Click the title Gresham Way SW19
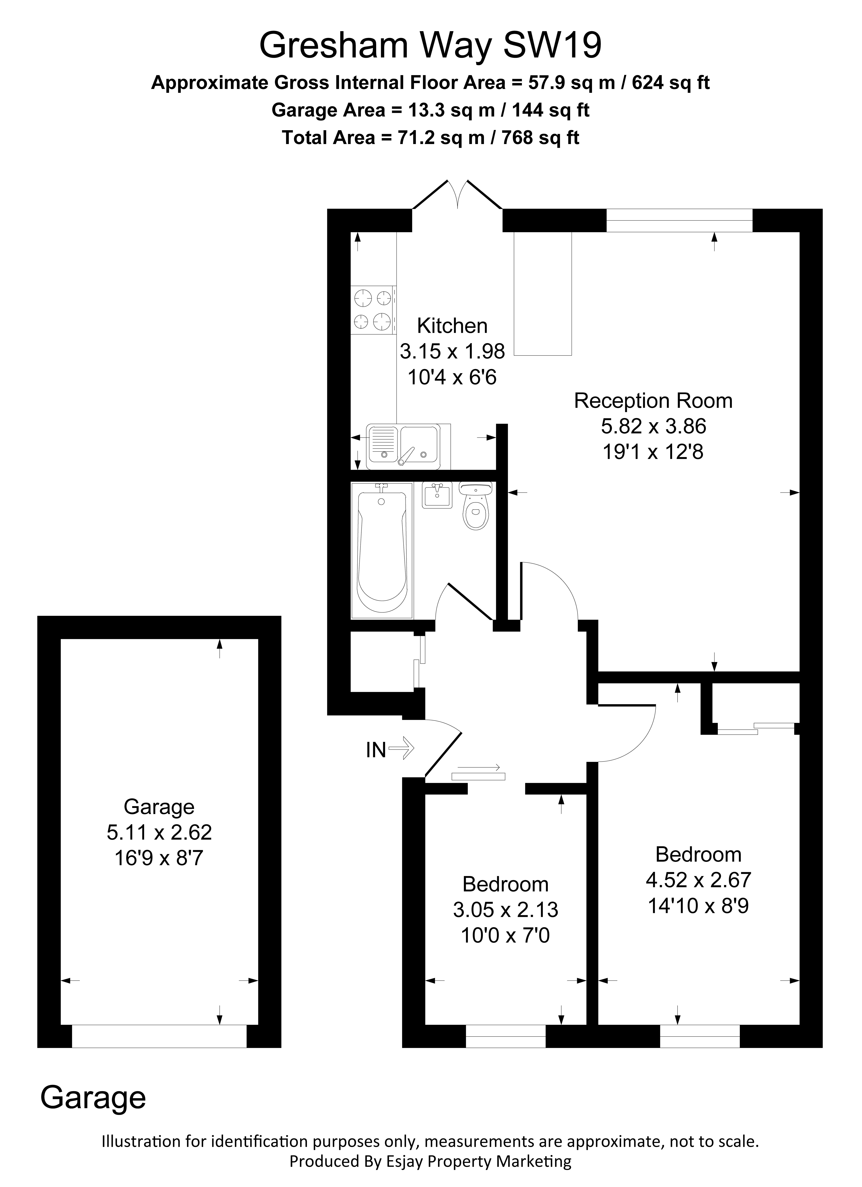click(x=430, y=45)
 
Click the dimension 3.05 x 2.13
click(x=505, y=910)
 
